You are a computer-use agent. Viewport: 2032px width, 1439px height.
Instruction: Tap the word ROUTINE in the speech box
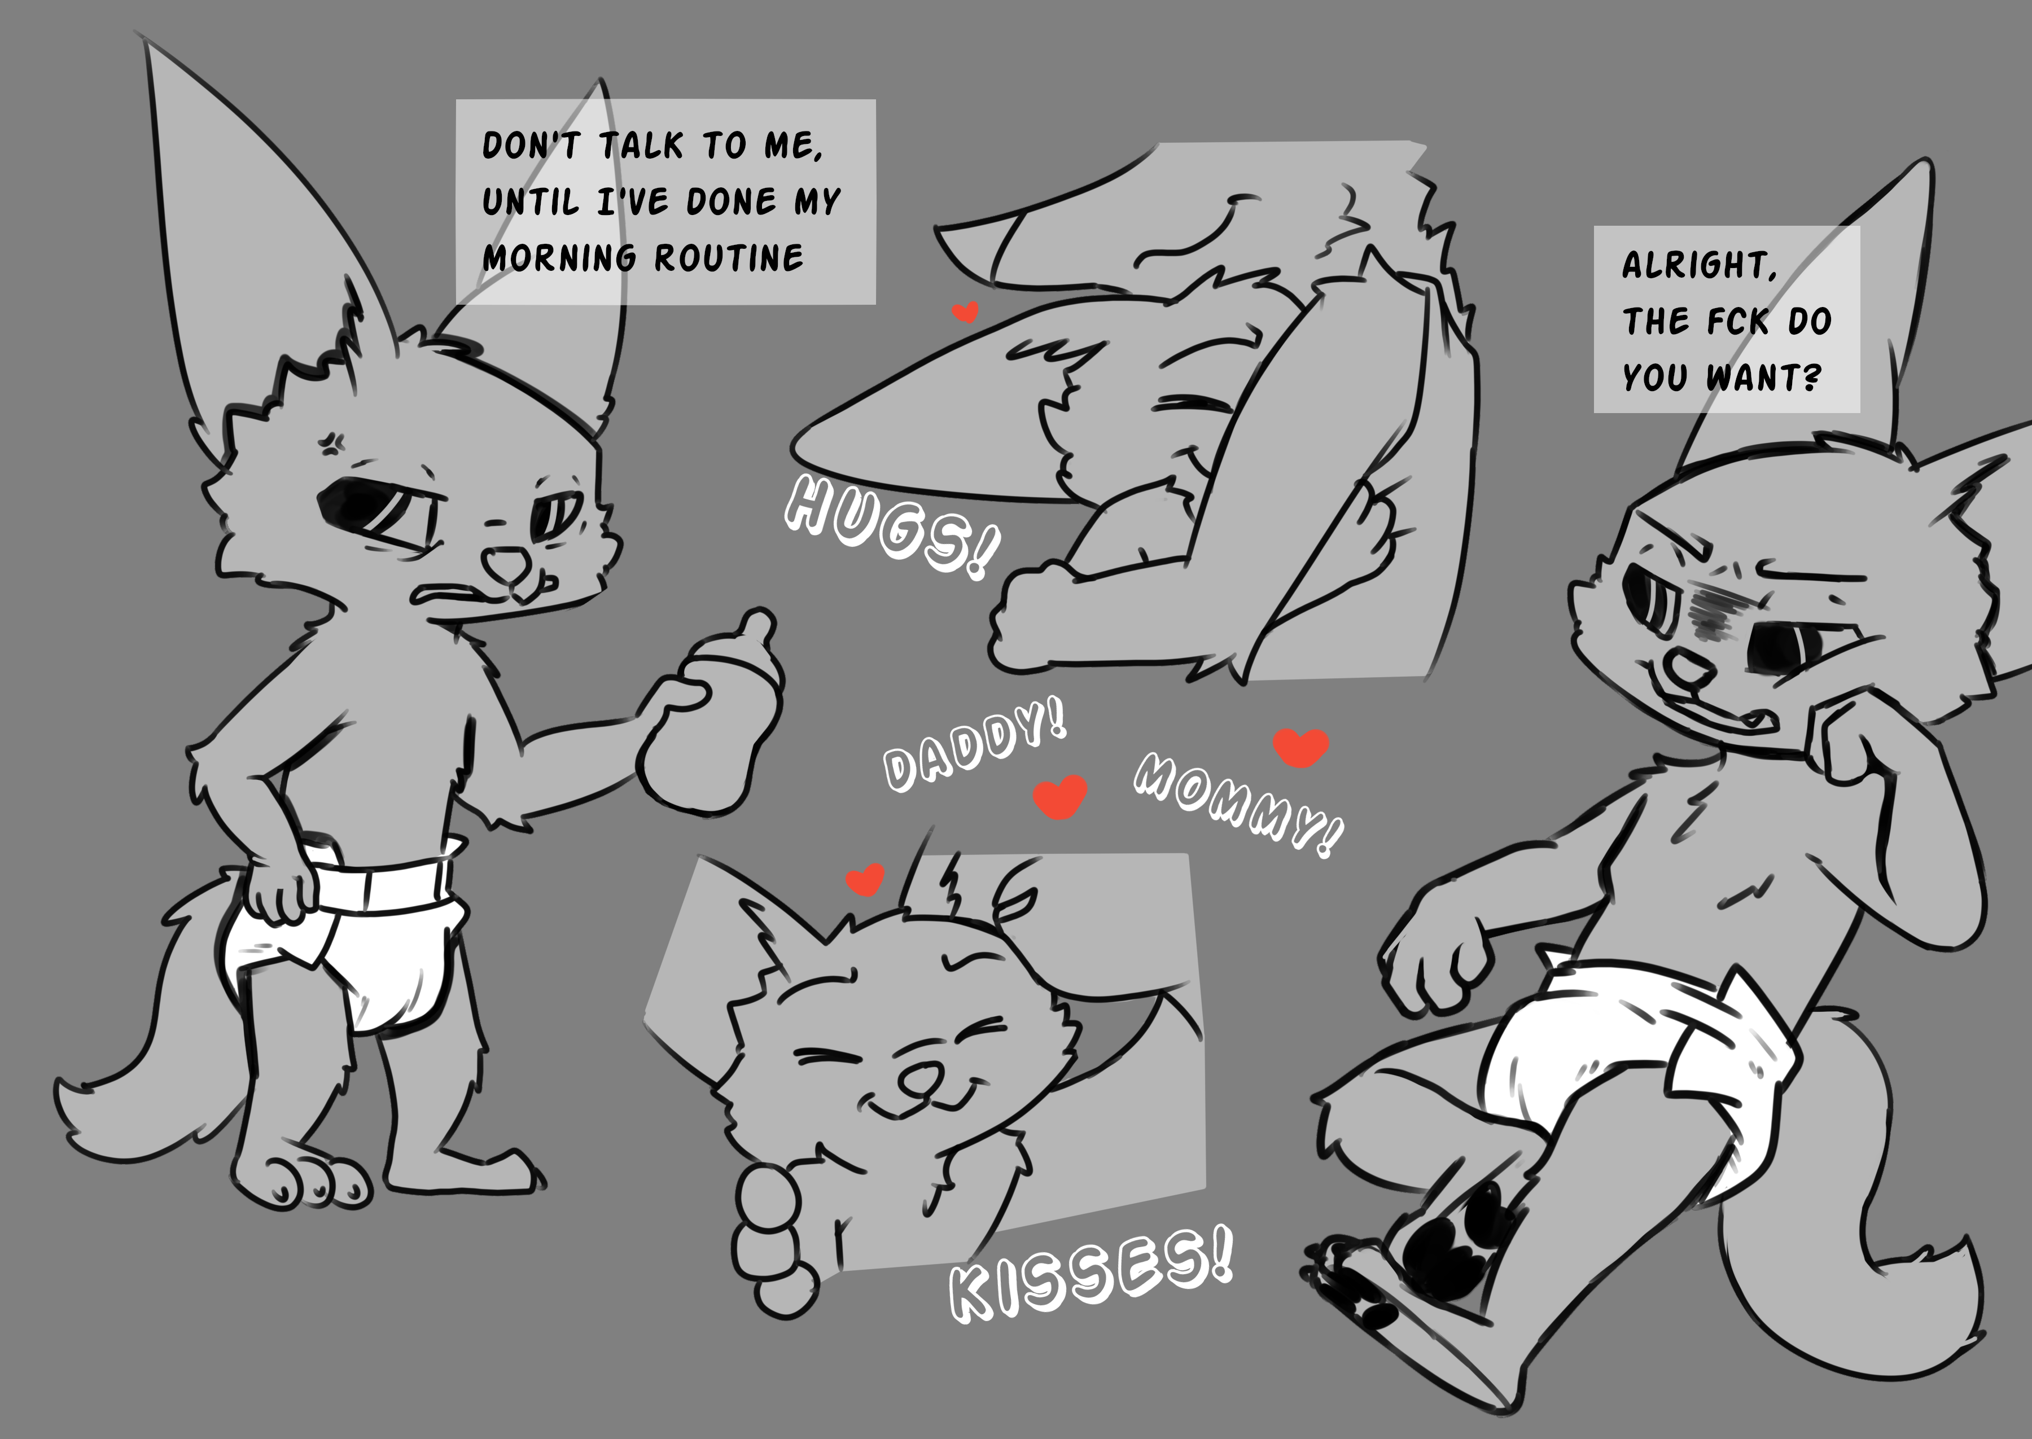click(x=729, y=257)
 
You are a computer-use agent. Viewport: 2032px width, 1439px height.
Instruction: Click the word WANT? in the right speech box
click(x=1763, y=378)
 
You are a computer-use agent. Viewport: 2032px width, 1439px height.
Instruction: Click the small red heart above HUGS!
click(x=965, y=312)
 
